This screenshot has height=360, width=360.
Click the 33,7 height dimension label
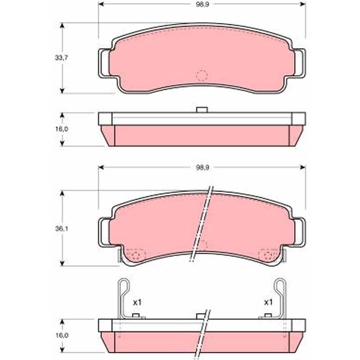(x=61, y=58)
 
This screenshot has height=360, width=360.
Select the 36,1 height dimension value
(x=61, y=229)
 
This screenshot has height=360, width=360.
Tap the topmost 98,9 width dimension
(x=202, y=5)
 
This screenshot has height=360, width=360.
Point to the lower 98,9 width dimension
(x=202, y=168)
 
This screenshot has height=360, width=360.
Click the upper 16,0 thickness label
(x=61, y=129)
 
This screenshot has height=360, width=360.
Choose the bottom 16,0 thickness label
(x=61, y=335)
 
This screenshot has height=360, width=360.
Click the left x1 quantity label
(x=137, y=302)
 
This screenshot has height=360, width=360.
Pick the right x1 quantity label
(x=268, y=302)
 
